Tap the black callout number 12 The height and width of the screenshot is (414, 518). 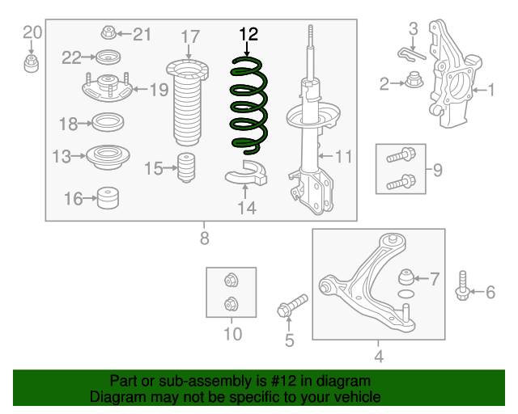coord(248,34)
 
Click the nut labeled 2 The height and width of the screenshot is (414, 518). coord(414,80)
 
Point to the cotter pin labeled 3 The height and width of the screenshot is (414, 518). coord(410,54)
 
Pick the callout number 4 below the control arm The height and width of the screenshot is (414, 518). coord(379,357)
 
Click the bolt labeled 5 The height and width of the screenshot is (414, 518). coord(292,306)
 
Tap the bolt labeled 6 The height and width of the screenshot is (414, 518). coord(462,286)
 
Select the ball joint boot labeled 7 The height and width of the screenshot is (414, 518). coord(406,277)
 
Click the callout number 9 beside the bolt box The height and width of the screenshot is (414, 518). coord(438,170)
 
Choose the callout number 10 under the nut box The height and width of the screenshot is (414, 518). coord(233,334)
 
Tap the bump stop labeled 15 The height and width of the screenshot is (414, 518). coord(186,167)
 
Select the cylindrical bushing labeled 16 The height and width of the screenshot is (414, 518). coord(108,198)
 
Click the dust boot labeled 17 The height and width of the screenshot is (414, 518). coord(187,103)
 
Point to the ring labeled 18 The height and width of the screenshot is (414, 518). coord(108,122)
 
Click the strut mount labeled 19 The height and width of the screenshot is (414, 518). coord(108,88)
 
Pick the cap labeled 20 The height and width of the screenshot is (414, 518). coord(31,64)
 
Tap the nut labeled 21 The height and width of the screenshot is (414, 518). coord(108,32)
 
